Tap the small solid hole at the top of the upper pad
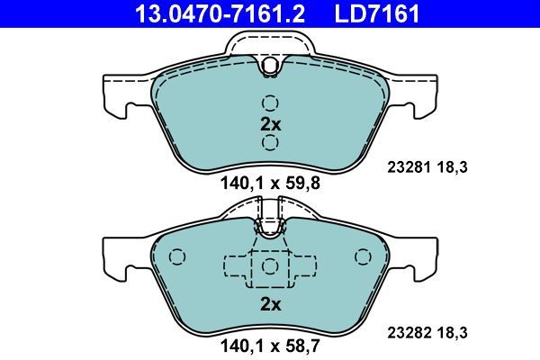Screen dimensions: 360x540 pos(270,65)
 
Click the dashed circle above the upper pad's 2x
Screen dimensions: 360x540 pos(270,102)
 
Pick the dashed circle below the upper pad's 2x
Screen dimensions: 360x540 pos(270,143)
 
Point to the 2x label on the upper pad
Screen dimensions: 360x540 pos(270,124)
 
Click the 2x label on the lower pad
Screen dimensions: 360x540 pos(270,304)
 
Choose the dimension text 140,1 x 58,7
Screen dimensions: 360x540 pos(270,343)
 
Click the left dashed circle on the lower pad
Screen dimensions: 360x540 pos(176,257)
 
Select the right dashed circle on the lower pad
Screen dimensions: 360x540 pos(364,257)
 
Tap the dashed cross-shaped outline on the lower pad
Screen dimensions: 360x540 pos(269,266)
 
